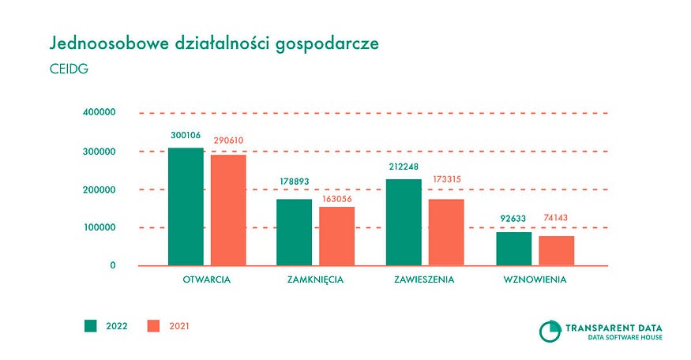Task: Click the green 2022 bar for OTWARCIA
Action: click(x=186, y=207)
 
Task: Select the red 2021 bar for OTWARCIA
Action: click(x=228, y=210)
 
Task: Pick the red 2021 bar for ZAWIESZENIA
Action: click(x=446, y=232)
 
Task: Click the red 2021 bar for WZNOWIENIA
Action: click(x=556, y=250)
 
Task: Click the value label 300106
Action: click(x=186, y=136)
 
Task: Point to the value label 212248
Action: click(x=404, y=167)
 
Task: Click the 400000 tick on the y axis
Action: click(x=99, y=113)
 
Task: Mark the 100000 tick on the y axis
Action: click(x=99, y=227)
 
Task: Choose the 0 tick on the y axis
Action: click(x=113, y=266)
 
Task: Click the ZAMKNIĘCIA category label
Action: click(x=315, y=279)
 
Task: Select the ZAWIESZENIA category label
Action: click(x=424, y=279)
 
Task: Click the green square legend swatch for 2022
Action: click(x=90, y=325)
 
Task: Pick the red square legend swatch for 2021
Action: click(x=155, y=325)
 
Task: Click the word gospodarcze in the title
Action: click(x=321, y=43)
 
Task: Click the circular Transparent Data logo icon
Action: click(x=549, y=331)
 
